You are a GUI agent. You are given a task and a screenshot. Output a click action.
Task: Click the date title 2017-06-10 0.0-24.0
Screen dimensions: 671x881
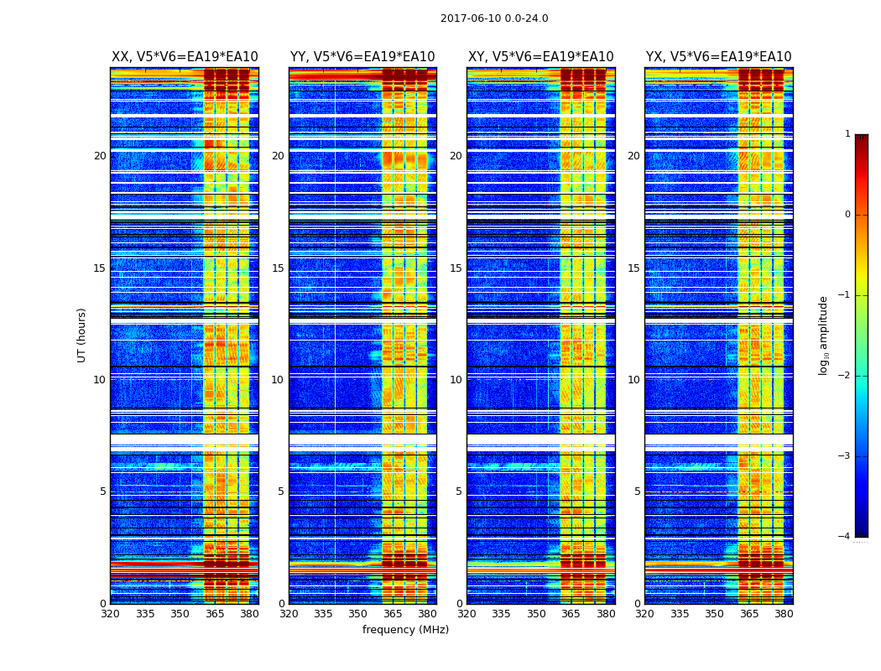(x=494, y=18)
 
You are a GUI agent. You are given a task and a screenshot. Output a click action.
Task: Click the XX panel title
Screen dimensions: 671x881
(x=185, y=57)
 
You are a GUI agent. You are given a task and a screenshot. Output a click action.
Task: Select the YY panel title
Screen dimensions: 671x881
(x=362, y=57)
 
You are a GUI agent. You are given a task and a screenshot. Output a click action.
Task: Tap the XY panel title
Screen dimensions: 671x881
(x=540, y=57)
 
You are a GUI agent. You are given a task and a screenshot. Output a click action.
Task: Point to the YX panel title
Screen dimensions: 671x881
(x=718, y=57)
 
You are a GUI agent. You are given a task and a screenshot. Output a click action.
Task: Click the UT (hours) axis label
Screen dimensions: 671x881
(x=81, y=335)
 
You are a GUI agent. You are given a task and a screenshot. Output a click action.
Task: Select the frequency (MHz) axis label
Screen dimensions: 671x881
(x=405, y=630)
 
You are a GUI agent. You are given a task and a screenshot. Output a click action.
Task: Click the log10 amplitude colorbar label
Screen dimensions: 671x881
(x=824, y=335)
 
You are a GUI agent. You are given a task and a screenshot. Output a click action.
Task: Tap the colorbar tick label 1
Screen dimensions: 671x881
(x=847, y=134)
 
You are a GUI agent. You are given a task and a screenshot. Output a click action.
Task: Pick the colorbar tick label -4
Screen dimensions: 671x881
(x=846, y=537)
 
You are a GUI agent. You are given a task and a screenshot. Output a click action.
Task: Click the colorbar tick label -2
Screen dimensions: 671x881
(x=846, y=376)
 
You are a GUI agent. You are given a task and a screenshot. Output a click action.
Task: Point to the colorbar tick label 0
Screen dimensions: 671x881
(x=847, y=215)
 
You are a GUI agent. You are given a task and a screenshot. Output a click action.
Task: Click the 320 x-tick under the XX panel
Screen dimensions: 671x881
(x=110, y=614)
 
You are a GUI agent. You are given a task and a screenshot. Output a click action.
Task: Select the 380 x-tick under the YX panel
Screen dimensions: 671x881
(x=784, y=614)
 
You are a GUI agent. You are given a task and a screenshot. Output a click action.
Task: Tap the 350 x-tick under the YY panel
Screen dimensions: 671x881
(x=358, y=614)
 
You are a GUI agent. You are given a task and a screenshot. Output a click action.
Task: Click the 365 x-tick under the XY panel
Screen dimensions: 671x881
(x=571, y=614)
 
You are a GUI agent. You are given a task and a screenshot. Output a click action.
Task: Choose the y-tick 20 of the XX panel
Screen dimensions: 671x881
(x=100, y=156)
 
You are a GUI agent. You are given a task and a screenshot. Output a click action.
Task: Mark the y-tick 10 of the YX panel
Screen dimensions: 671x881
(x=633, y=380)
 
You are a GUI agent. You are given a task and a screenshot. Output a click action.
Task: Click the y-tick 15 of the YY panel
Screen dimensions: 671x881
(x=278, y=268)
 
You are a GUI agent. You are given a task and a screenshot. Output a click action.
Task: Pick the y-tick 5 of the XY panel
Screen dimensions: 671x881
(x=459, y=492)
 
